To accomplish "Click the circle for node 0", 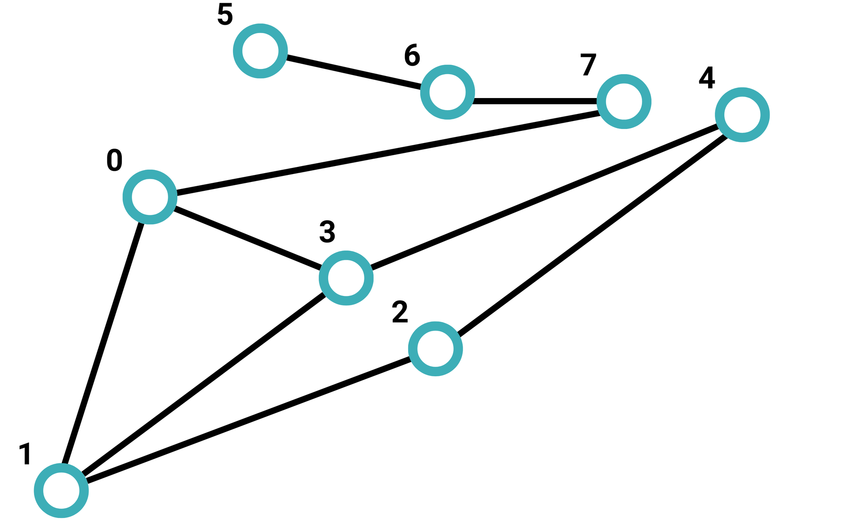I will [x=150, y=197].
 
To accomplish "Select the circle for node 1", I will [x=61, y=490].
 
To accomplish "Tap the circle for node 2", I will [x=435, y=349].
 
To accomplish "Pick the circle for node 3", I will [x=346, y=278].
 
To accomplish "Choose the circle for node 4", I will [x=742, y=115].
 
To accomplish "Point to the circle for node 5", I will [x=260, y=51].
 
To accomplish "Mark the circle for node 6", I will [x=448, y=92].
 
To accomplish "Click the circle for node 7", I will [x=624, y=102].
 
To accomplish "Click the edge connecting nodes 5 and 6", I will [x=354, y=72].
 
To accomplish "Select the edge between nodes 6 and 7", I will [x=536, y=101].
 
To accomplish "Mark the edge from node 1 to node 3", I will [x=204, y=384].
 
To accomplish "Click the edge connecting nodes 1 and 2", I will [x=248, y=420].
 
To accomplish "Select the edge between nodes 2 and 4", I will [x=591, y=235].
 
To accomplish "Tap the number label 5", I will [x=225, y=15].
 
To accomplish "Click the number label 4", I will [x=707, y=78].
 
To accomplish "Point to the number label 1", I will [x=26, y=454].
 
